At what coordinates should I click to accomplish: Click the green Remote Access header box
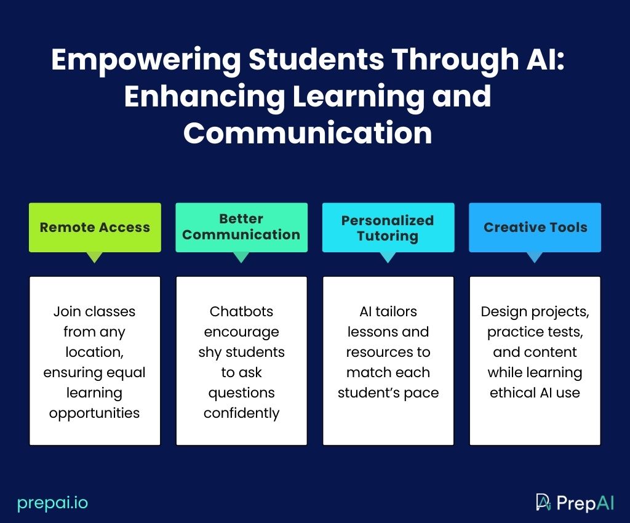point(95,228)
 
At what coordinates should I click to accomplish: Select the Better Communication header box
point(241,228)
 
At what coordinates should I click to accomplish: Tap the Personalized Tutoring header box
point(388,228)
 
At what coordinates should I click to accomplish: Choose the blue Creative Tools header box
point(535,228)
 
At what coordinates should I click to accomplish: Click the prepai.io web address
point(53,503)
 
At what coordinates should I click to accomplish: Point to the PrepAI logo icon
point(543,502)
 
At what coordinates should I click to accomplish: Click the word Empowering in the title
point(146,60)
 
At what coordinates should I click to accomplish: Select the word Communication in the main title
point(308,133)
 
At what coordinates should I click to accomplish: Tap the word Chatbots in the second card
point(241,311)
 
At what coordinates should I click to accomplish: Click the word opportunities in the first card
point(94,413)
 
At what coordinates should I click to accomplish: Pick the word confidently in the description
point(241,413)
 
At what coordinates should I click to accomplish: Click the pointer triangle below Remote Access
point(95,257)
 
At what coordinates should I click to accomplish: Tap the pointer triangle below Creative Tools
point(535,257)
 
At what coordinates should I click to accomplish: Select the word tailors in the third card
point(396,311)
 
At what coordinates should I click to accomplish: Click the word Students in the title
point(316,60)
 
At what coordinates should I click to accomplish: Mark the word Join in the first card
point(67,311)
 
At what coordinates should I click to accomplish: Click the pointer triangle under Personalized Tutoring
point(388,257)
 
